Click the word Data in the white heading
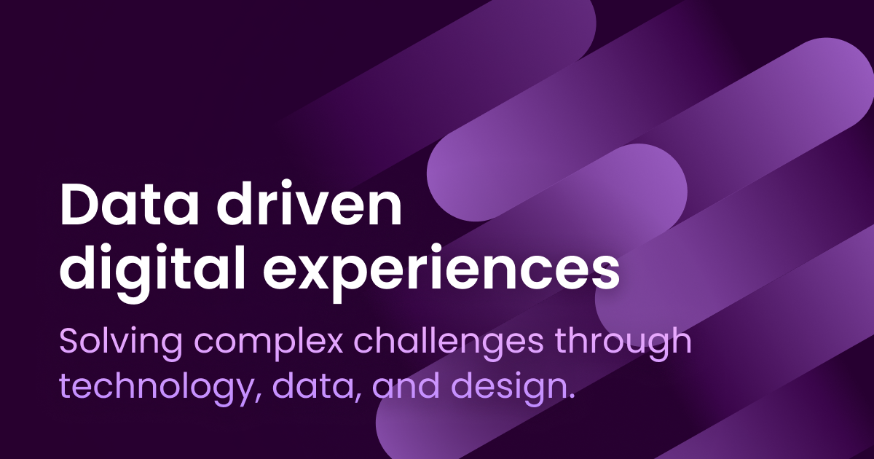[x=129, y=204]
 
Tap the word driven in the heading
[x=309, y=203]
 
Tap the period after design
[x=571, y=395]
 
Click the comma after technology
[x=259, y=397]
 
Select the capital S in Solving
[x=71, y=341]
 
